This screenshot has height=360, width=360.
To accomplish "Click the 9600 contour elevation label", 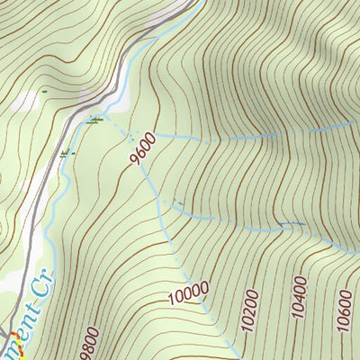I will coord(143,149).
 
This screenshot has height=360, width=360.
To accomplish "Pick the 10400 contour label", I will coord(299,300).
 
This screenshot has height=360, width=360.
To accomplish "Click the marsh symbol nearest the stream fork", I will coord(94,119).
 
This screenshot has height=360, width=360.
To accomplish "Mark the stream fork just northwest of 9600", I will coord(135,135).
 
